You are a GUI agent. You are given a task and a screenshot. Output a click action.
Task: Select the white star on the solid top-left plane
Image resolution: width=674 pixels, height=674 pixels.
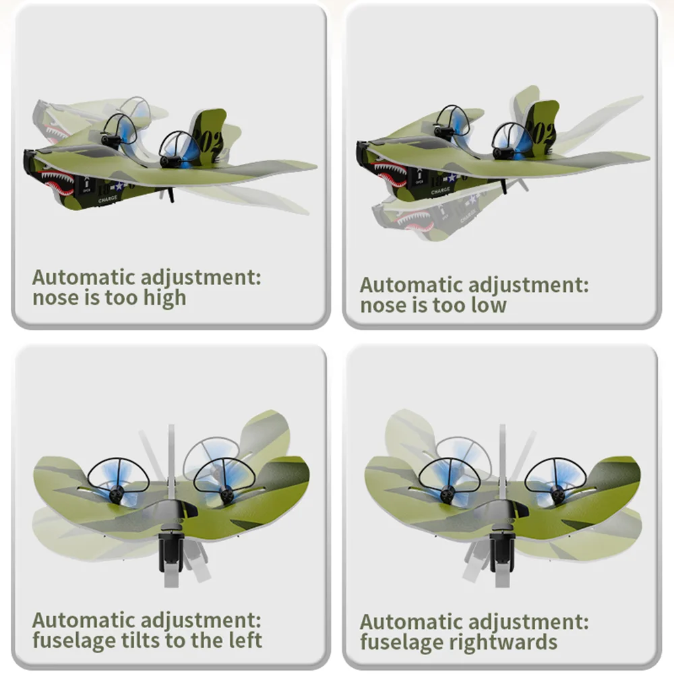pyautogui.click(x=119, y=186)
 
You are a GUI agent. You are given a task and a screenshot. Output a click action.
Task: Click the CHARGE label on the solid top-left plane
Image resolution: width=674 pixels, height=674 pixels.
pyautogui.click(x=107, y=200)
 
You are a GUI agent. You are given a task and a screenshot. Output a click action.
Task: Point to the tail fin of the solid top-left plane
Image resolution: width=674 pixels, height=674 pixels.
pyautogui.click(x=209, y=133)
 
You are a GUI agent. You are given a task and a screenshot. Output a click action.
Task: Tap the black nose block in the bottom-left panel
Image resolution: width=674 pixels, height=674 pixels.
pyautogui.click(x=171, y=551)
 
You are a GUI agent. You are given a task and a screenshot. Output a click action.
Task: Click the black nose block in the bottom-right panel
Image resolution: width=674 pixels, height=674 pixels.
pyautogui.click(x=502, y=551)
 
